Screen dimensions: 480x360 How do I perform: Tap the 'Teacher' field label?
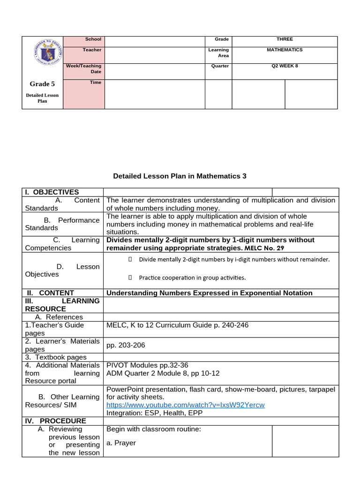(x=92, y=50)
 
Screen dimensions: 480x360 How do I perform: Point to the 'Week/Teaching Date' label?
(x=84, y=69)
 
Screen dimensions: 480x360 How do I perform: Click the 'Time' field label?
(x=96, y=82)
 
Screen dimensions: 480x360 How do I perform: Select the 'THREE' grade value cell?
(x=285, y=39)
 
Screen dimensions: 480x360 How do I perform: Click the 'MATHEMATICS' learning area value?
(x=285, y=50)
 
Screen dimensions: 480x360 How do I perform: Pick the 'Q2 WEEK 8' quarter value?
(x=285, y=66)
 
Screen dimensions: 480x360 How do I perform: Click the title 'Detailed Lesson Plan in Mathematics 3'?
(x=180, y=176)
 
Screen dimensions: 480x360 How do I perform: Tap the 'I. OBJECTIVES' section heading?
(x=52, y=192)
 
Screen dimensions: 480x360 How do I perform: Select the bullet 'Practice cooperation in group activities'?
(x=192, y=277)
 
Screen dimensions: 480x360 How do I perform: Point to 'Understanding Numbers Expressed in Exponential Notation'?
(x=210, y=293)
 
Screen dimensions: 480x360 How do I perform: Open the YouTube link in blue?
(x=186, y=405)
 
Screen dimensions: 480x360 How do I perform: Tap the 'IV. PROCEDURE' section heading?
(x=55, y=421)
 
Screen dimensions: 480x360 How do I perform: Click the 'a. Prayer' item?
(x=121, y=443)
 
